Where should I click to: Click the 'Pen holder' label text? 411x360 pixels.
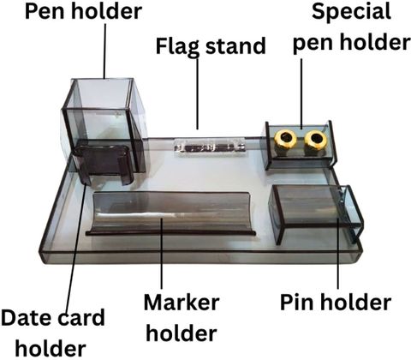(x=83, y=11)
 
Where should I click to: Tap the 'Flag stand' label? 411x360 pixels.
(x=211, y=46)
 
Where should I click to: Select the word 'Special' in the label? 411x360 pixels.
(x=351, y=12)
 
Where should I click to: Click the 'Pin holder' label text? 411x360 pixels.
(x=336, y=302)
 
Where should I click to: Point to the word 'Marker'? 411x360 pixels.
(x=182, y=303)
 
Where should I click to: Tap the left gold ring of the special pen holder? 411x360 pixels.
(x=285, y=139)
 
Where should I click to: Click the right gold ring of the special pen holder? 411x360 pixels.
(x=315, y=139)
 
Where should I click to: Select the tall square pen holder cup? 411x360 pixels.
(x=104, y=126)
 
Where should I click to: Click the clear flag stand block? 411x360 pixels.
(x=210, y=147)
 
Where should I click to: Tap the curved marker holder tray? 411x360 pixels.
(x=171, y=213)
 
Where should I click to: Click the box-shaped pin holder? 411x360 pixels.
(x=316, y=213)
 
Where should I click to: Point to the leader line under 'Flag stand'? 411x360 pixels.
(x=197, y=93)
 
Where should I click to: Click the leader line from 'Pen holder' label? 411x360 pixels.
(x=104, y=51)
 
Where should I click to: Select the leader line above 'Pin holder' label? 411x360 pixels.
(x=338, y=254)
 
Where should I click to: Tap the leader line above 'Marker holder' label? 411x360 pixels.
(x=162, y=254)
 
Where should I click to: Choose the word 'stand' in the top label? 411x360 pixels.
(x=235, y=46)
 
